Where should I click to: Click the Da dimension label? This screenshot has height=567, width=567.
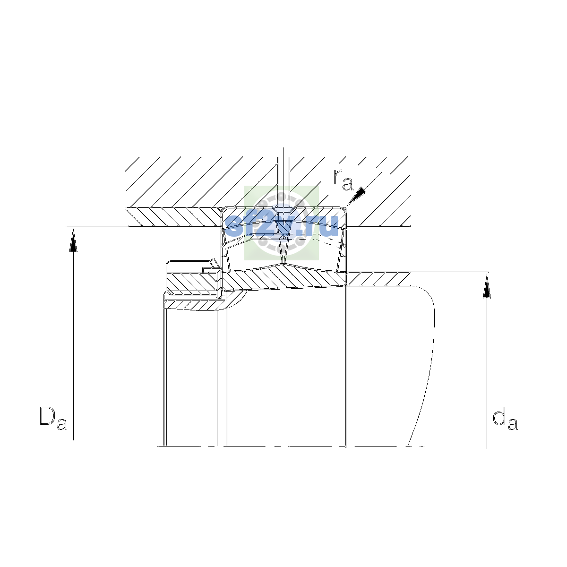(x=53, y=418)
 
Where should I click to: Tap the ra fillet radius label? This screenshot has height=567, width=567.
(x=343, y=180)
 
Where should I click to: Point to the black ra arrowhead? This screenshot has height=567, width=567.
(x=357, y=195)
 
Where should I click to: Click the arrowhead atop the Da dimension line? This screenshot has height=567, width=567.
(x=73, y=241)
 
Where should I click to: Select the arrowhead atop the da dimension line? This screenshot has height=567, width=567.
(x=487, y=287)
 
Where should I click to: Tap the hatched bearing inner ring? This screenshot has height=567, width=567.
(x=284, y=278)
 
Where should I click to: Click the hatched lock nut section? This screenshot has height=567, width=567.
(x=193, y=282)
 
